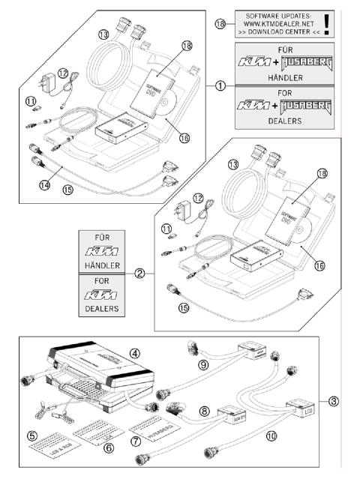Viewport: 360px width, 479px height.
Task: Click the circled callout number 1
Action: click(x=220, y=85)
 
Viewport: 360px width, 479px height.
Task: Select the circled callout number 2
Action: click(x=139, y=273)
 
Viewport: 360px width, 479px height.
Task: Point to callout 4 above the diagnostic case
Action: click(x=135, y=352)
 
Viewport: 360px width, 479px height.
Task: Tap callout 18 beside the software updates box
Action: click(x=220, y=22)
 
